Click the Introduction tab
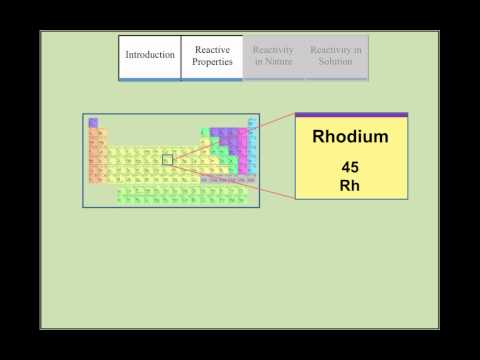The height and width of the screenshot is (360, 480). (149, 55)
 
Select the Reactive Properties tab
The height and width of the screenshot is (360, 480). (212, 56)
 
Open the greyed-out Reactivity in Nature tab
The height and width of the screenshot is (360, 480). (273, 56)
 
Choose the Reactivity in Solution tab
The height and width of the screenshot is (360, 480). (336, 56)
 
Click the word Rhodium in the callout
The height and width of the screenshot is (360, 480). (351, 136)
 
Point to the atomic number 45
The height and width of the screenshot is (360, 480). (351, 167)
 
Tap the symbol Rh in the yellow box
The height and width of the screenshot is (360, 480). (351, 184)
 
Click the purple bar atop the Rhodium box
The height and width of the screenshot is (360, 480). (351, 115)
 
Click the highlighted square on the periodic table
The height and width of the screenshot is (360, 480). (167, 160)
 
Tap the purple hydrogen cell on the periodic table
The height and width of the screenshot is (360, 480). (93, 123)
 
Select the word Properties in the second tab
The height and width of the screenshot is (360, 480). (212, 62)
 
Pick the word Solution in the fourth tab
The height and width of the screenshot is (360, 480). (336, 62)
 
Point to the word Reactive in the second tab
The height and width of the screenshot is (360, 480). (212, 50)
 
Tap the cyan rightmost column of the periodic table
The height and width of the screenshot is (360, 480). (252, 150)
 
